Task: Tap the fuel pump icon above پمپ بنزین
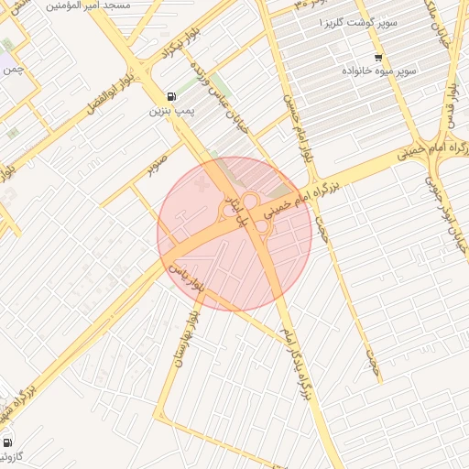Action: click(171, 96)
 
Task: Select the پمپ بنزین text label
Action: click(171, 112)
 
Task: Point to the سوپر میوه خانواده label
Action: click(379, 71)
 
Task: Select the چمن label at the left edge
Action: click(12, 70)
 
